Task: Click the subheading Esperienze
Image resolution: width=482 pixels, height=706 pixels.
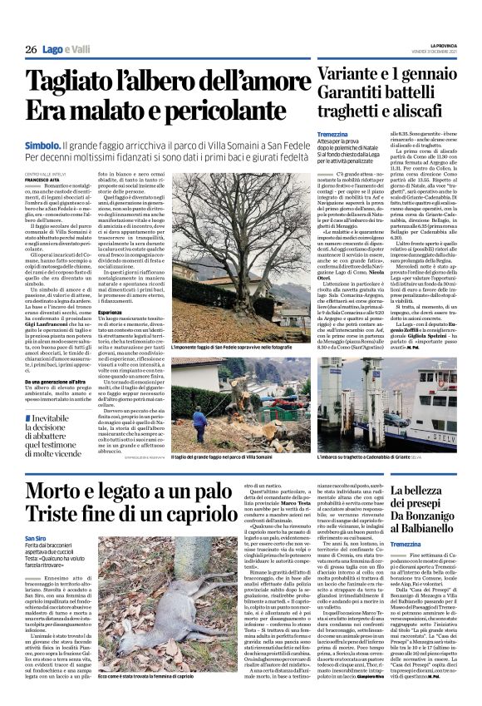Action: [122, 290]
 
